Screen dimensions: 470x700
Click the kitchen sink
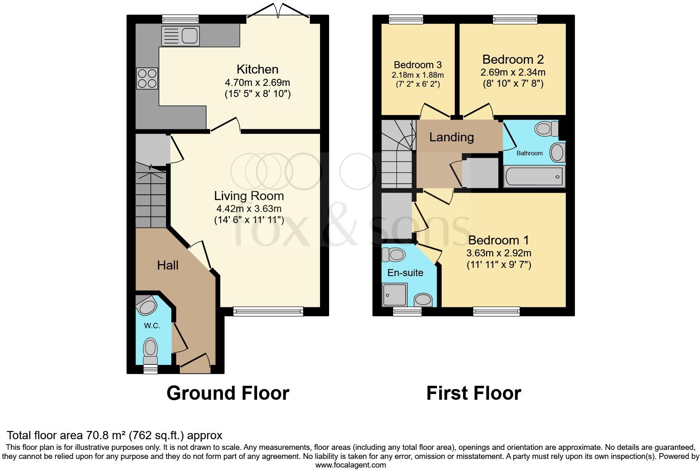coord(180,35)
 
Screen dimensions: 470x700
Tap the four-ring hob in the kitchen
coord(147,78)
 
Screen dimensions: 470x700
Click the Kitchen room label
coord(258,69)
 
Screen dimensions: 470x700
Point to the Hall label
coord(168,265)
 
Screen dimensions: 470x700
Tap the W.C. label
coord(152,326)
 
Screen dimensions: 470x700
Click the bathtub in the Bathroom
coord(534,177)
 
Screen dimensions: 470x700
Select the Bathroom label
coord(529,153)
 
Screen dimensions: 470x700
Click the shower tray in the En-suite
coord(394,295)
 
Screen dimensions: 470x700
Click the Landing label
coord(451,137)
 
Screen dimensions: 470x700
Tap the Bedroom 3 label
coord(417,65)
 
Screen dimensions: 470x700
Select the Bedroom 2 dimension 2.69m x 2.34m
coord(513,72)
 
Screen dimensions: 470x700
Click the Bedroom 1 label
coord(498,240)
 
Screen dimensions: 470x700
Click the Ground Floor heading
coord(228,393)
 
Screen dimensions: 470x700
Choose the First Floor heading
coord(473,393)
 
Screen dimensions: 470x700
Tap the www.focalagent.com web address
coord(350,465)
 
